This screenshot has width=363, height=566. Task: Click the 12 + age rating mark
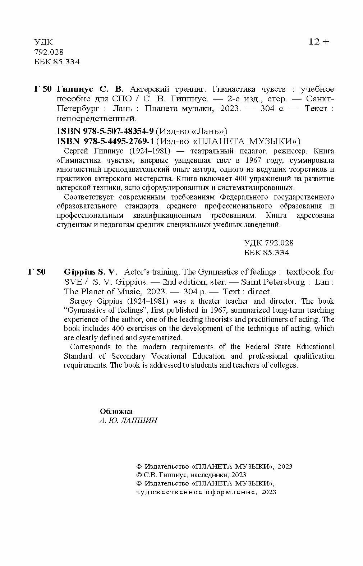[318, 42]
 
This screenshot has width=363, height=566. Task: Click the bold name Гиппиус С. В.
[90, 89]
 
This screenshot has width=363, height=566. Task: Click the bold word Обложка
[116, 411]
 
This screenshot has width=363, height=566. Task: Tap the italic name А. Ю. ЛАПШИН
[128, 420]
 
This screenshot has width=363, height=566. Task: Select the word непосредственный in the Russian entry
[96, 118]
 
